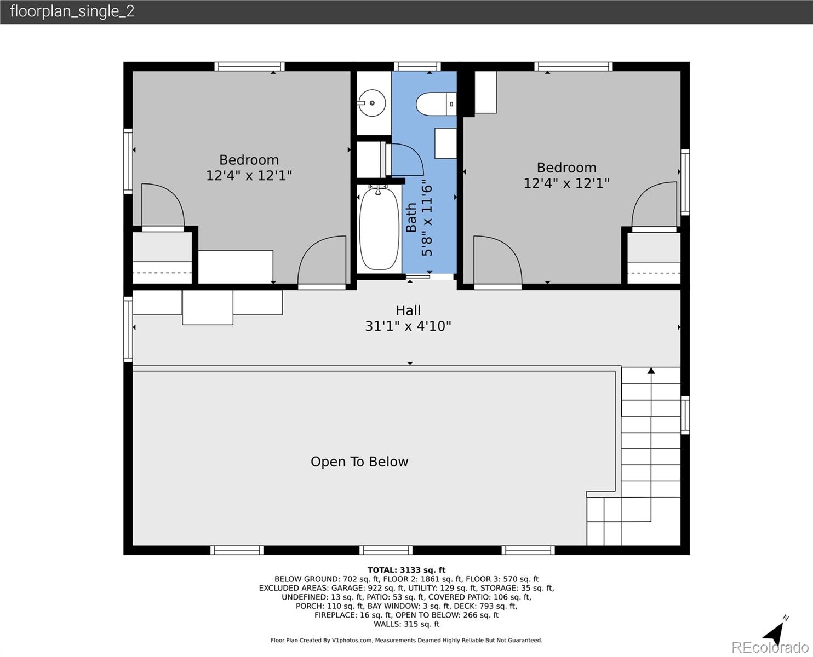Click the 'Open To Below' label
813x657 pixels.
point(359,462)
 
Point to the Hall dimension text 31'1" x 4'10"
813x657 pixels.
point(408,326)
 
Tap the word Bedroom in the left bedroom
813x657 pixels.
point(249,160)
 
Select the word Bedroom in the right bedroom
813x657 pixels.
point(566,168)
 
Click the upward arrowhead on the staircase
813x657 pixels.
point(651,371)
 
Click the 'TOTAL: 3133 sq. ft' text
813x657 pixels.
point(406,570)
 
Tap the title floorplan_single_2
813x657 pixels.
point(72,11)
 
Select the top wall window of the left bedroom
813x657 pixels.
point(249,66)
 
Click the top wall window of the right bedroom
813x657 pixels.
point(573,66)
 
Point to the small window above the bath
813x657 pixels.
point(417,66)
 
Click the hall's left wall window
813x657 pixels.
point(128,328)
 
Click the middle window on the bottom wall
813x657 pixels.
point(378,550)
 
